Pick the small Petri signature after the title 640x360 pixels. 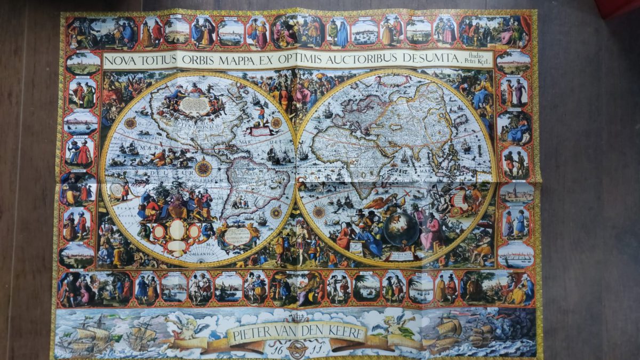478,62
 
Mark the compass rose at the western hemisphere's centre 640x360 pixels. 203,167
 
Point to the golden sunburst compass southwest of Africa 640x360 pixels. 319,212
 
